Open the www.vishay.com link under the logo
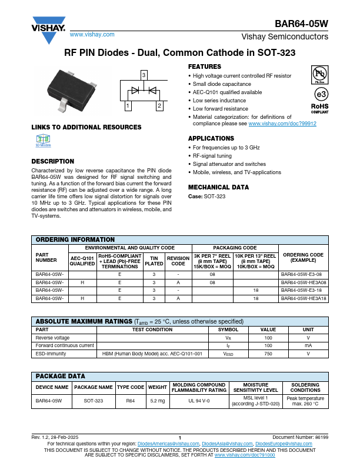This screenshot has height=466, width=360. coord(88,35)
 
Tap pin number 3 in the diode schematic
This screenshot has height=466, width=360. coord(143,74)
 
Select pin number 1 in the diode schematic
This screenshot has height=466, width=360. coord(127,106)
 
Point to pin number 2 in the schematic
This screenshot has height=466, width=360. coord(159,106)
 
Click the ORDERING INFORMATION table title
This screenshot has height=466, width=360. coord(75,239)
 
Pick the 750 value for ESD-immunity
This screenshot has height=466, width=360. coord(268,354)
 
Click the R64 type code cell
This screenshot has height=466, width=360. coord(131,400)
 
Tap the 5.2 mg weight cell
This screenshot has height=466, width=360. coord(158,400)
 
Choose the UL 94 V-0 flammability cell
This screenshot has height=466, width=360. coord(199,400)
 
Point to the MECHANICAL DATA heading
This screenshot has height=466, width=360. coord(218,187)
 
